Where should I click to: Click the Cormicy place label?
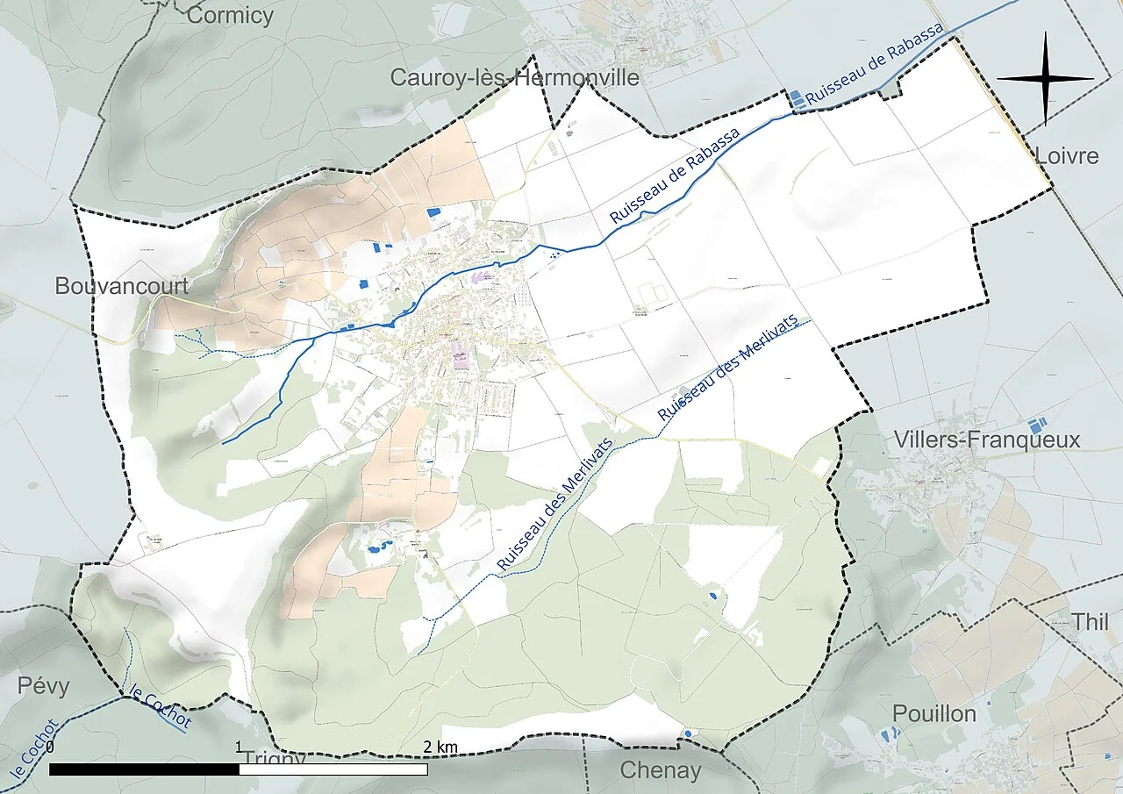[230, 15]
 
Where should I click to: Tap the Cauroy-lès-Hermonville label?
[514, 78]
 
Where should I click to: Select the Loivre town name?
[1066, 156]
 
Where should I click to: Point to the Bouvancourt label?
[122, 286]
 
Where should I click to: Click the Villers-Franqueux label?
[986, 440]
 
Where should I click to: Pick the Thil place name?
[1091, 622]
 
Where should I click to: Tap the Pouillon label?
[934, 713]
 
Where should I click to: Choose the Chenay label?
[661, 770]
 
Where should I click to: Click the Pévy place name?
[43, 685]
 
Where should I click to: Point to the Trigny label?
[274, 757]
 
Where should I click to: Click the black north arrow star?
[1045, 78]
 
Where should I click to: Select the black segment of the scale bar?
[144, 769]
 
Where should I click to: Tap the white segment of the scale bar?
[333, 769]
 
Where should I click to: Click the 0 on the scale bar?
[50, 748]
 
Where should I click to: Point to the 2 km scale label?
[440, 747]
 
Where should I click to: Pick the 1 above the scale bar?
[240, 748]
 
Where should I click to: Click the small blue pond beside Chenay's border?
[688, 732]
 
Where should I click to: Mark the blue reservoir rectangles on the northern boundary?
[797, 98]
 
